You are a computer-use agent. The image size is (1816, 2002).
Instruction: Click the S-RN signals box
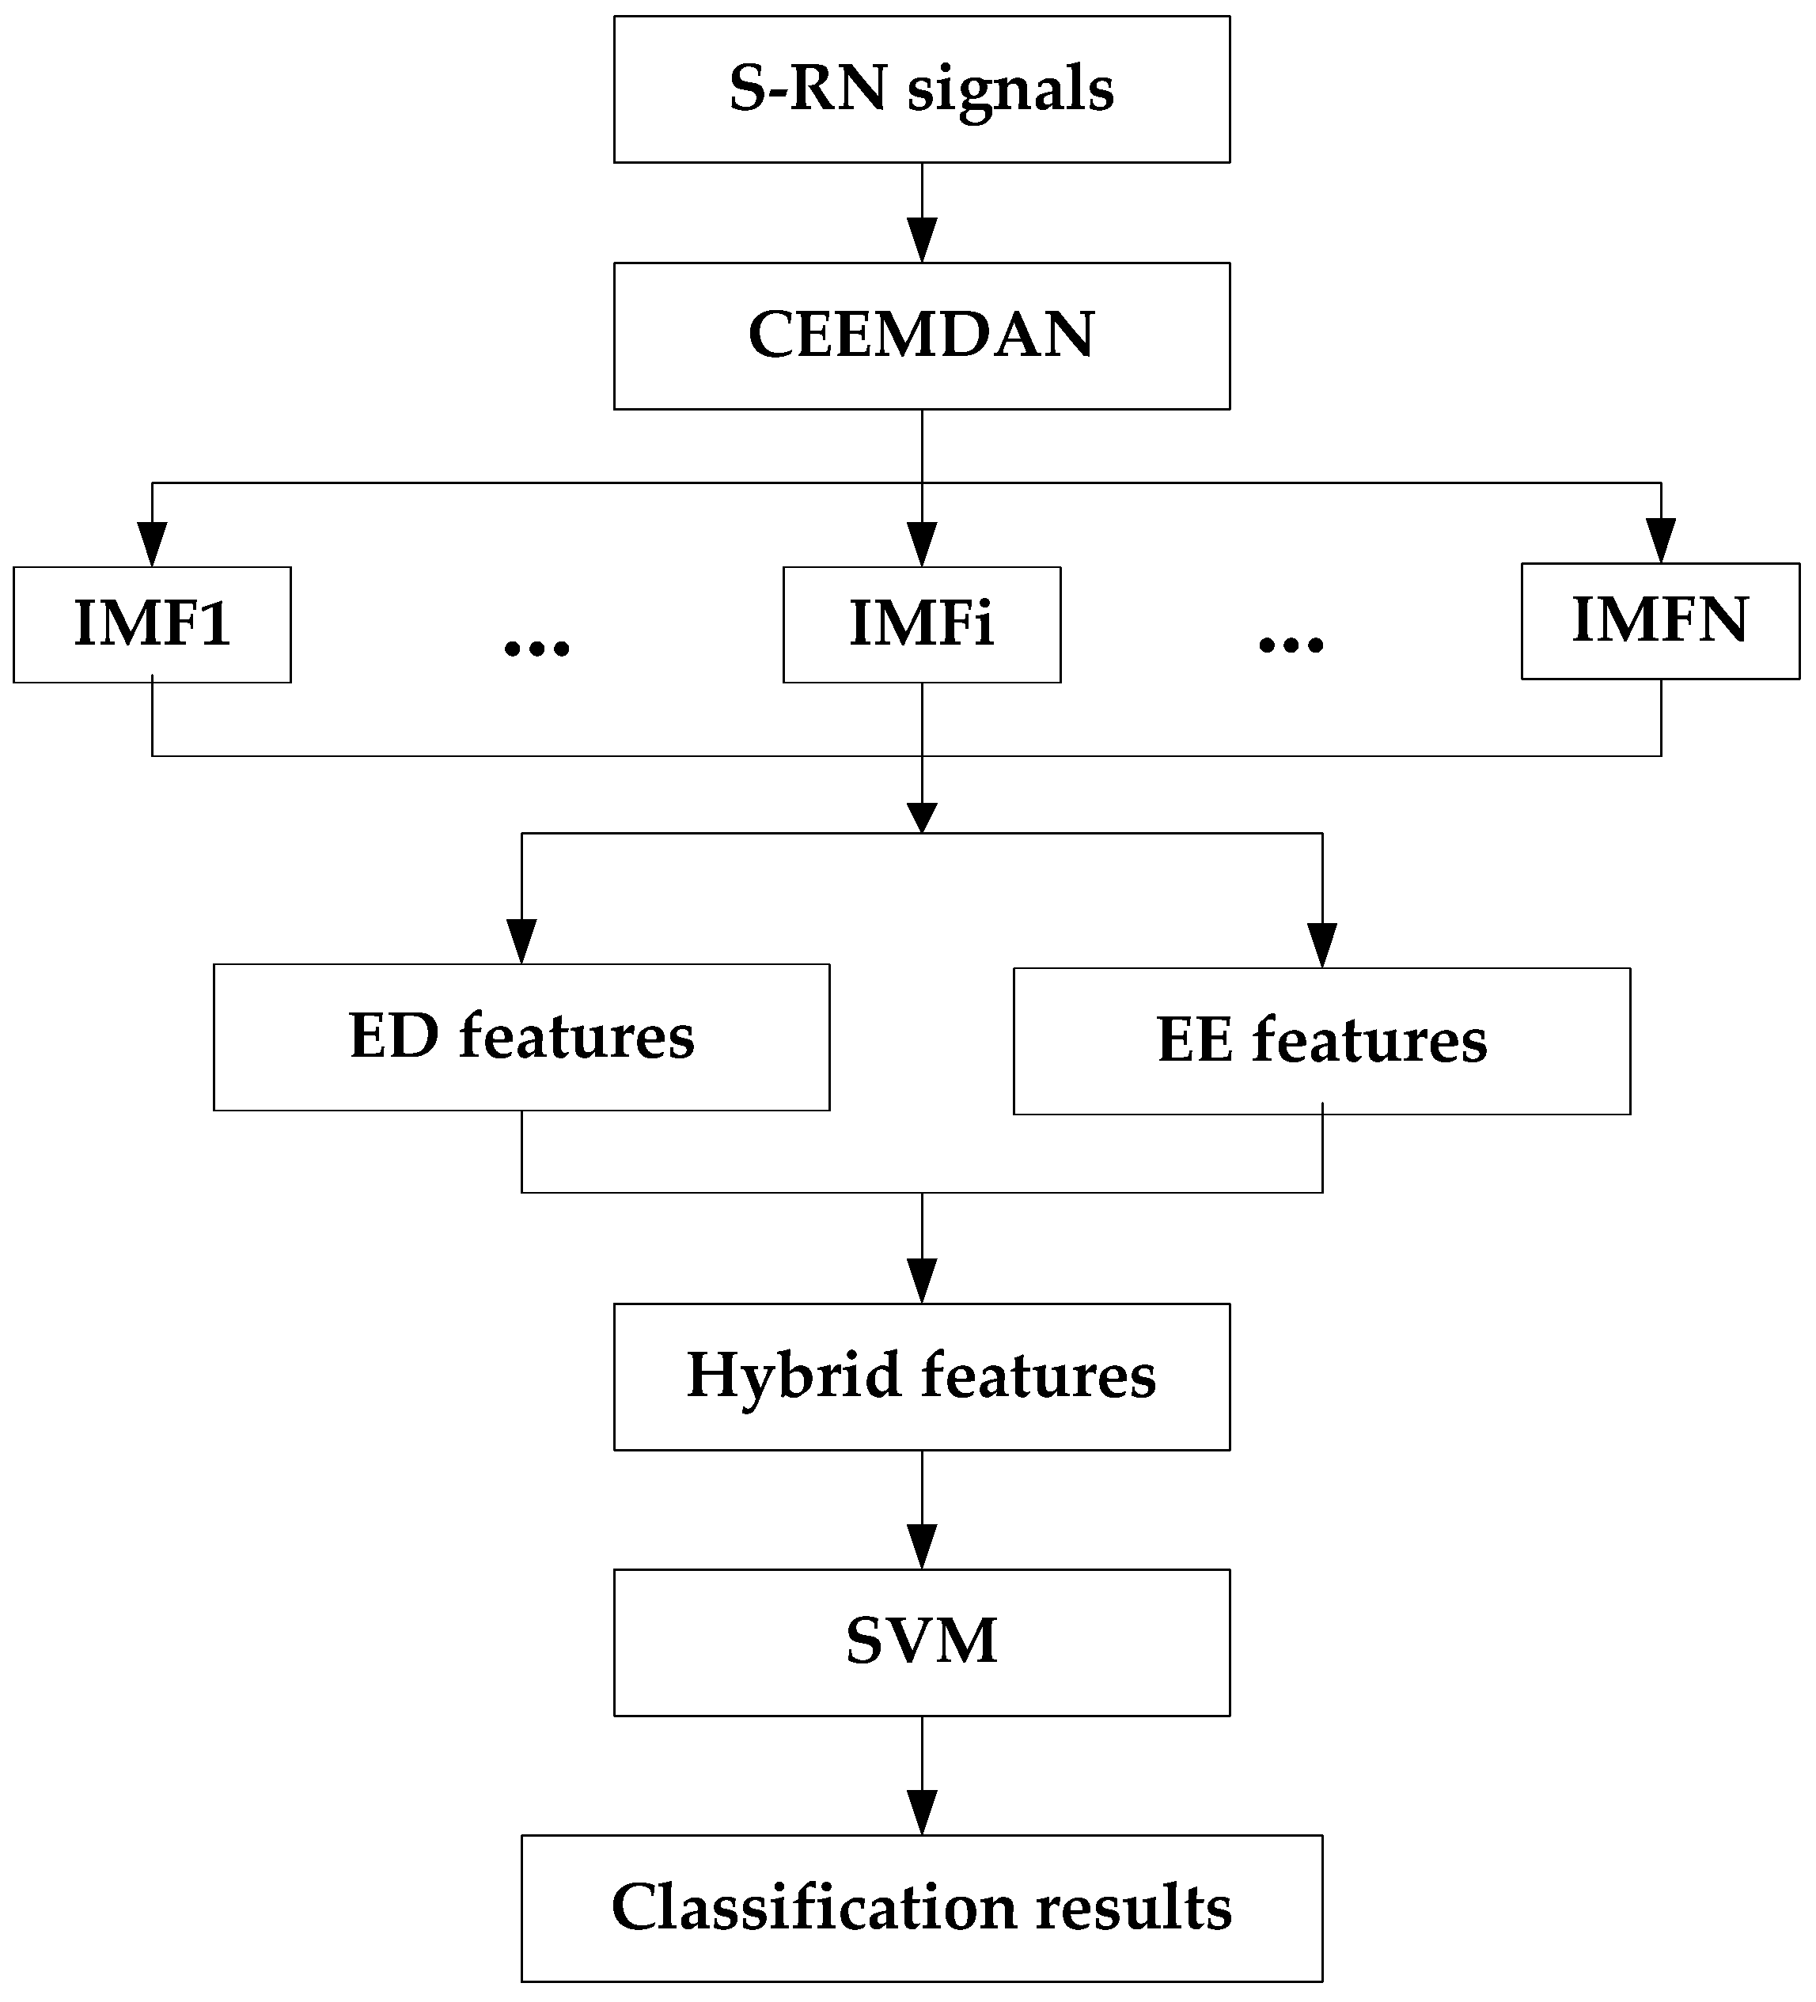[921, 89]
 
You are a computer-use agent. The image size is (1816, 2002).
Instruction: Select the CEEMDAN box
[921, 335]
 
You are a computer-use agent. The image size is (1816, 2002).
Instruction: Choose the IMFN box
[1660, 621]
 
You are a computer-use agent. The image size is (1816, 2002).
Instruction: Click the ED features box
[521, 1037]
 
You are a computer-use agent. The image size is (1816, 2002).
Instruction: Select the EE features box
[1321, 1041]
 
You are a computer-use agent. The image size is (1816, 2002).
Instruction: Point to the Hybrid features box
[921, 1376]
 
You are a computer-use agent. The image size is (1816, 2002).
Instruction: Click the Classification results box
[921, 1908]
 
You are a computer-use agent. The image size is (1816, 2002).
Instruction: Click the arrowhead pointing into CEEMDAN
[922, 242]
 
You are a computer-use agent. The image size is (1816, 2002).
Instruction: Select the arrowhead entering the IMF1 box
[152, 545]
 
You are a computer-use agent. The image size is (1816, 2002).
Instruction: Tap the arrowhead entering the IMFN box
[1661, 542]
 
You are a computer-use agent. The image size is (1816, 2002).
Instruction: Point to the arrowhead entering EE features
[1322, 946]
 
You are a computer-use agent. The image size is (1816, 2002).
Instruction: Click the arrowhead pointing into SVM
[922, 1548]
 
